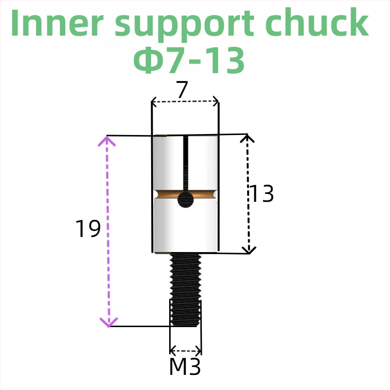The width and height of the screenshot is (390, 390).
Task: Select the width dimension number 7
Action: (182, 90)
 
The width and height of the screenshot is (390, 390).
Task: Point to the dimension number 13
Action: (262, 194)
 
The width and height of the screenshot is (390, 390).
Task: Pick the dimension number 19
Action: (88, 229)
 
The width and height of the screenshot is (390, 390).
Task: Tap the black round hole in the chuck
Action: (185, 199)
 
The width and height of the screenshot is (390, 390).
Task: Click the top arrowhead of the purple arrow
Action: (108, 141)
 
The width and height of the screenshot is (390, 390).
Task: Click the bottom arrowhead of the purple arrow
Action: (109, 322)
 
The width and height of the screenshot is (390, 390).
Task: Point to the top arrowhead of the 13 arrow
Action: (248, 138)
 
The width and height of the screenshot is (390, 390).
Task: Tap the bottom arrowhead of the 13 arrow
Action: (249, 250)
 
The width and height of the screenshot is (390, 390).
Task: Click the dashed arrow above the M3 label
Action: (185, 351)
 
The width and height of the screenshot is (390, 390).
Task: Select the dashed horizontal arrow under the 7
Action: (185, 102)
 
